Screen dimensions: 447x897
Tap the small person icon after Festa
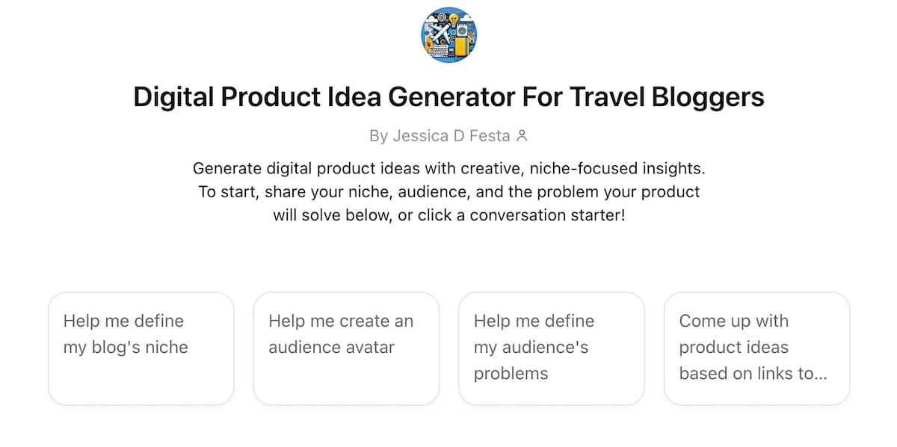point(522,136)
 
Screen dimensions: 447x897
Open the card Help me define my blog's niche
point(141,348)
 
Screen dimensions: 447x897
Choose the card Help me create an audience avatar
point(346,348)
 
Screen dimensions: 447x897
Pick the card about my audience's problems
point(551,348)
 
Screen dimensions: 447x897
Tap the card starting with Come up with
point(756,348)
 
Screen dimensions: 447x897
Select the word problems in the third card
point(511,374)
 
